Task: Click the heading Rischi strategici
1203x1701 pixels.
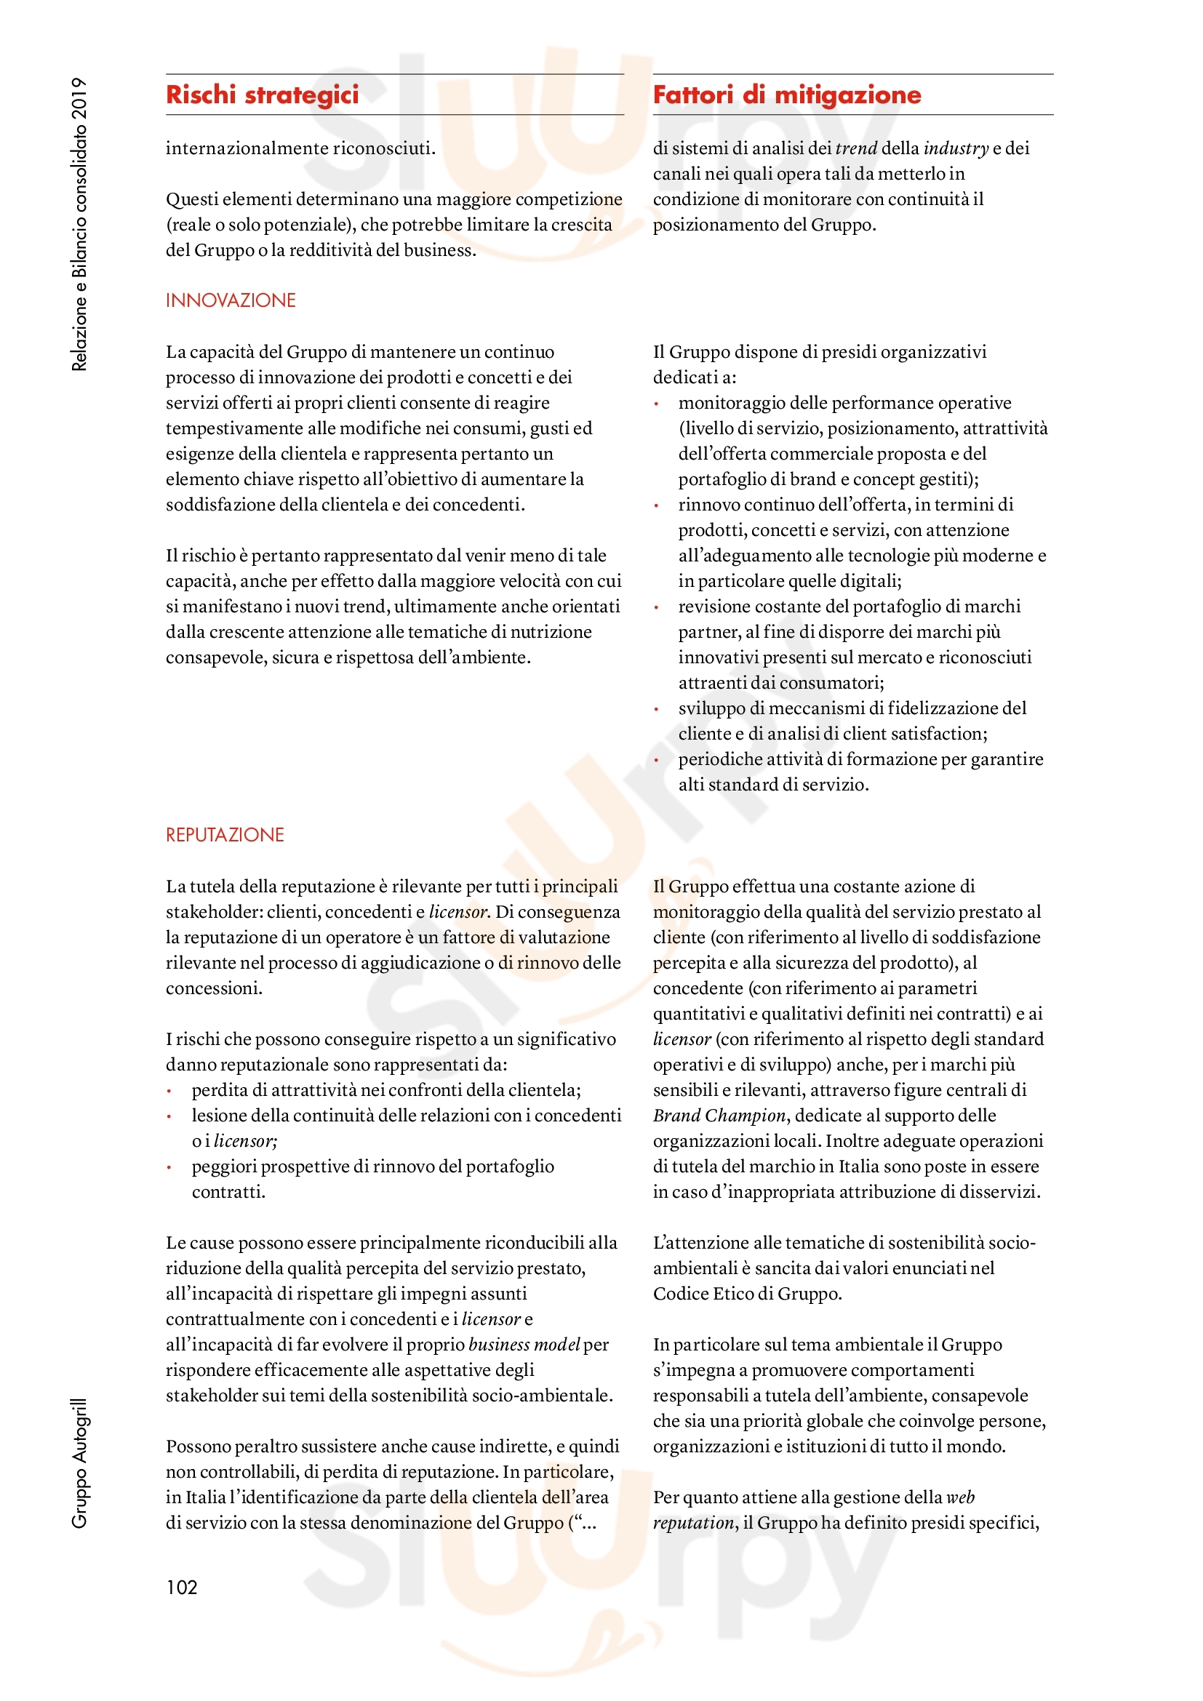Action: click(263, 95)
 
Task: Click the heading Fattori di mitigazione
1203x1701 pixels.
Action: click(787, 95)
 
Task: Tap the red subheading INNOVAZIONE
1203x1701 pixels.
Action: click(231, 300)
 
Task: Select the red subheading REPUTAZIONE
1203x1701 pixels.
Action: click(225, 835)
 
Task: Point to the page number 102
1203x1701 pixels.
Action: click(182, 1587)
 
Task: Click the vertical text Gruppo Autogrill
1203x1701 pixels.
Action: click(79, 1462)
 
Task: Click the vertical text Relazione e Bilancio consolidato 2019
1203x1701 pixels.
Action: click(79, 224)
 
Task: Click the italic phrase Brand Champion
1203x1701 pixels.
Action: click(719, 1116)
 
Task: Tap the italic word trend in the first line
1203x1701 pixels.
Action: click(855, 148)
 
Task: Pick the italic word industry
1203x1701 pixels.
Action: click(956, 148)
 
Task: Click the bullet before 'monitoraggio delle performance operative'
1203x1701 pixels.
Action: click(656, 404)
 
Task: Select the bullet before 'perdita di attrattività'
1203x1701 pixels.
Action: click(169, 1092)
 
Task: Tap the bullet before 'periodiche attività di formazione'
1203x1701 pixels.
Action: click(656, 761)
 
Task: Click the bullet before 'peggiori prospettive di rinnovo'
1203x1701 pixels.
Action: click(169, 1168)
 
